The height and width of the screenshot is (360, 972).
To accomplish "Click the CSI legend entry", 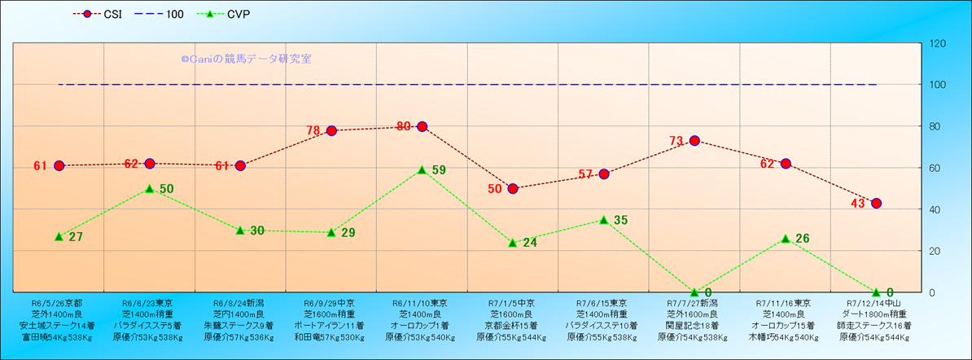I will (x=98, y=14).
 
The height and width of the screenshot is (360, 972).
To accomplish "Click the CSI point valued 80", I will (x=422, y=126).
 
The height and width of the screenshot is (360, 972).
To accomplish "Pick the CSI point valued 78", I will (x=331, y=130).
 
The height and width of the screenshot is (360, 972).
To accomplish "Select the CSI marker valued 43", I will (x=876, y=203).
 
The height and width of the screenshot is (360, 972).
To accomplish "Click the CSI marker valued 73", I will (x=694, y=140).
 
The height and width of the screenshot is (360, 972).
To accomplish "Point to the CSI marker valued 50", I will (x=513, y=188).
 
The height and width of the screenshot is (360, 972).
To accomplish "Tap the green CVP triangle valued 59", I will (x=422, y=169).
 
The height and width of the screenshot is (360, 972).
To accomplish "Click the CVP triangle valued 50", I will (x=150, y=188).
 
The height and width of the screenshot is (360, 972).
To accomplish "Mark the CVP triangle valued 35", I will (x=603, y=219).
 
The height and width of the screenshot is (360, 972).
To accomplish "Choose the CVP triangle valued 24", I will (x=513, y=242).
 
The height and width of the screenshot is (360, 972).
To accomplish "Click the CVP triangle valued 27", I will (x=59, y=236).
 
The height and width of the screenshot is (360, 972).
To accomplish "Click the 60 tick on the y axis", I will (x=934, y=168).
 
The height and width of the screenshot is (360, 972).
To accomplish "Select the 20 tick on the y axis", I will (x=934, y=251).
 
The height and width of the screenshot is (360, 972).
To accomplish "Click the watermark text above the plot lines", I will (x=246, y=59).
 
